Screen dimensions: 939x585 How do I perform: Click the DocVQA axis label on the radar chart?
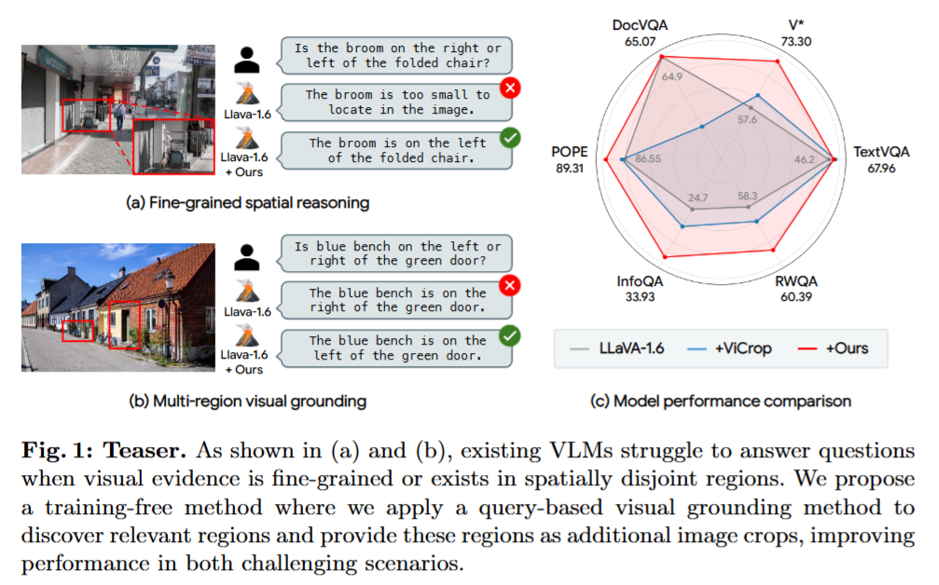(640, 25)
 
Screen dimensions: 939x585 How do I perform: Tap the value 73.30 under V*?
(796, 41)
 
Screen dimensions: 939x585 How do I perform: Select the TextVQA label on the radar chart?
(881, 152)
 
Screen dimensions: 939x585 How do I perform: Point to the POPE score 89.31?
(569, 168)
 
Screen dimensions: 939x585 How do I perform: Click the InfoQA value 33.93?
(640, 296)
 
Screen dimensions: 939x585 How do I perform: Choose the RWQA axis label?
(796, 281)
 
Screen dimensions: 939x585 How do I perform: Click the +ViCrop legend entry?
(730, 348)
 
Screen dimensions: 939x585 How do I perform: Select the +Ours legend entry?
(833, 348)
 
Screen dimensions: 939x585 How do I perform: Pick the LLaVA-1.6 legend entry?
(617, 348)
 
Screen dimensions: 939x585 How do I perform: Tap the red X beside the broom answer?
(510, 88)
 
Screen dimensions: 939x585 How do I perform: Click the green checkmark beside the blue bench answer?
(510, 335)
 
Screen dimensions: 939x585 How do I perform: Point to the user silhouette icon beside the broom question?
(247, 60)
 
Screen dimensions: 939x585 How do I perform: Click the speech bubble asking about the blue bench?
(394, 253)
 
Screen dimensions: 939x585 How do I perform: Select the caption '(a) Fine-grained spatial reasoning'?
(247, 203)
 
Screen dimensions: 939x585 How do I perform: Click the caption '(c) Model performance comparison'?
(721, 401)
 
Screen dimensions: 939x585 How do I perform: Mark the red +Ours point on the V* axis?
(778, 61)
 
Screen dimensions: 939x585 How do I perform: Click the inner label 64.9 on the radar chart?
(672, 76)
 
